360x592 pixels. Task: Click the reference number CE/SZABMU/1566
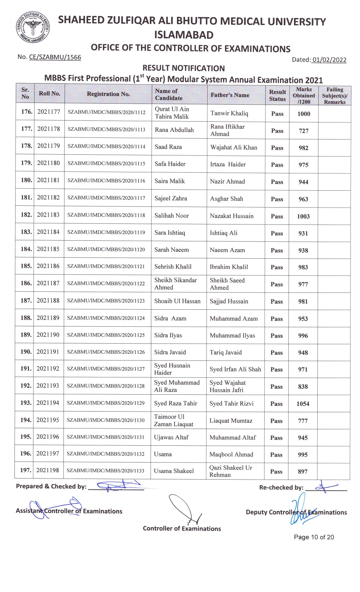[55, 57]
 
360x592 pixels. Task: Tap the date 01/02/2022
[329, 60]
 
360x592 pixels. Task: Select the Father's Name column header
[230, 95]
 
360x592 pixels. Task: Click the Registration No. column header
[108, 94]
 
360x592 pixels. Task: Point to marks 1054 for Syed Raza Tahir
[303, 404]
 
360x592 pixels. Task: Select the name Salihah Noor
[171, 216]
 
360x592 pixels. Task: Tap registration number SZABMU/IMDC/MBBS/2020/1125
[106, 335]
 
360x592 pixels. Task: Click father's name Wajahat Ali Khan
[234, 147]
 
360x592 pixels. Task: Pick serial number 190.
[26, 352]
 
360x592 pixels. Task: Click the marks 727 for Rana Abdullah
[304, 131]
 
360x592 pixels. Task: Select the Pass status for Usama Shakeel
[276, 471]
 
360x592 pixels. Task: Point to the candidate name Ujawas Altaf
[171, 437]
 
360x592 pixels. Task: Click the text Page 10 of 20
[314, 537]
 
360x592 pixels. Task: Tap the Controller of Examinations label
[182, 529]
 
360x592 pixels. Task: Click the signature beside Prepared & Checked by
[116, 486]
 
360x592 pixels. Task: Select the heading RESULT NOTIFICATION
[183, 68]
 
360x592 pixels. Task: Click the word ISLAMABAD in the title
[184, 35]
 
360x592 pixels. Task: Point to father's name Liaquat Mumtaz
[231, 421]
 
